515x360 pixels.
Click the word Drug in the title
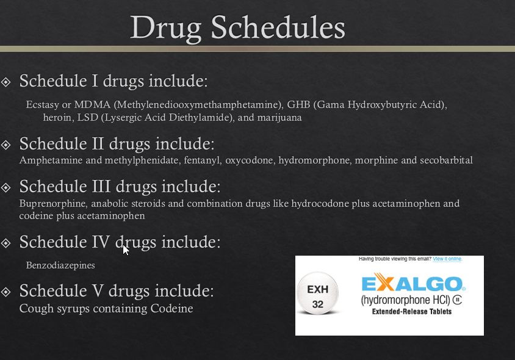coord(166,29)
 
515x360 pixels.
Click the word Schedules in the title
coord(278,27)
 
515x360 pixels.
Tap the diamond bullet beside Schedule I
coord(6,82)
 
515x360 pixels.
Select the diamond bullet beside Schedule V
coord(6,292)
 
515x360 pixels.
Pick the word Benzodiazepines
coord(60,265)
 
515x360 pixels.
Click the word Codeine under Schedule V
coord(172,308)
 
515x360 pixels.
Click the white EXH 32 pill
coord(318,293)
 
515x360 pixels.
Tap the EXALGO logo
coord(414,283)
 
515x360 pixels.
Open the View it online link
coord(447,259)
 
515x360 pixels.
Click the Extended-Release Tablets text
coord(412,312)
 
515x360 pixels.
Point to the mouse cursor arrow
coord(126,250)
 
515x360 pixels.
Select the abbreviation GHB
coord(298,105)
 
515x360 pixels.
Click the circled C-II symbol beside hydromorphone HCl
coord(457,300)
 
